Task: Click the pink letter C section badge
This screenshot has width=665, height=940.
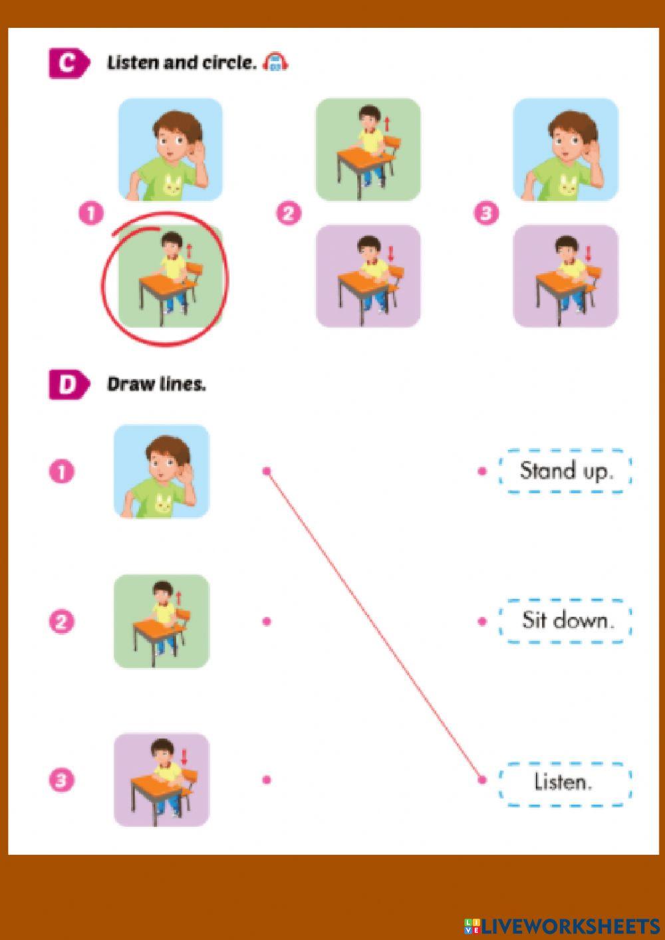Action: click(x=68, y=64)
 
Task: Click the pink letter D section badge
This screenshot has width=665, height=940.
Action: click(x=68, y=385)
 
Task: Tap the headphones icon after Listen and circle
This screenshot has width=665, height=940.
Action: click(x=275, y=63)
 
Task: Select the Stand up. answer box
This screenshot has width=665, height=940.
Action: click(x=565, y=471)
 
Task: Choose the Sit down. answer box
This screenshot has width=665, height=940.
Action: click(x=565, y=621)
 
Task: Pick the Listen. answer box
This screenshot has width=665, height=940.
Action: click(x=565, y=782)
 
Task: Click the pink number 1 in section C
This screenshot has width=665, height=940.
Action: click(x=91, y=213)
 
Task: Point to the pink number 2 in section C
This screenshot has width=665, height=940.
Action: click(x=289, y=213)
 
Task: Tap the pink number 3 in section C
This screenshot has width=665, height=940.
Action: click(x=486, y=213)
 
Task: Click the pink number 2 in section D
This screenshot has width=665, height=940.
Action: click(x=61, y=622)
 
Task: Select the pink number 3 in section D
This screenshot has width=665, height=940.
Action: click(x=61, y=780)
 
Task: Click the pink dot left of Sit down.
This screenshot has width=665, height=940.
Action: click(x=482, y=622)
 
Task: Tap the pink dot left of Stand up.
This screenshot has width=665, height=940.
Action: click(x=482, y=471)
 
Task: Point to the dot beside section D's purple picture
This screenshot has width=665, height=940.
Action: click(x=267, y=780)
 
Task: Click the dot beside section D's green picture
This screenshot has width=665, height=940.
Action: click(x=267, y=622)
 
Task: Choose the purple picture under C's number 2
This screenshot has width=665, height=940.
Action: click(x=368, y=276)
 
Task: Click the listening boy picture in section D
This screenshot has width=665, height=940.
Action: click(x=162, y=471)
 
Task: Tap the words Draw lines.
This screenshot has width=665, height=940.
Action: click(x=156, y=384)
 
